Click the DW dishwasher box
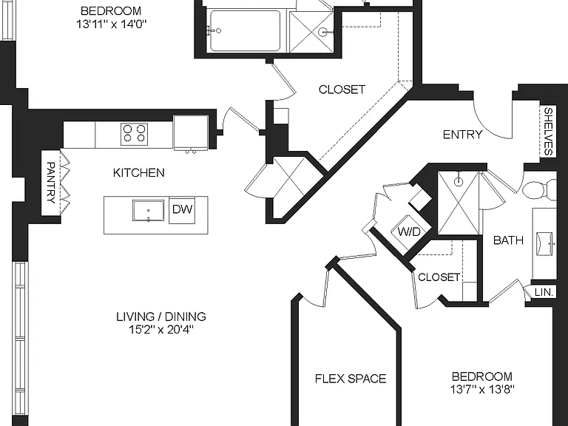tap(182, 211)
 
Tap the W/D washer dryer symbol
tap(410, 231)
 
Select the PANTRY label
tap(51, 183)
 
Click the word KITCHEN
tap(139, 172)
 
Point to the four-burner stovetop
tap(135, 134)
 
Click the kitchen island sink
tap(148, 211)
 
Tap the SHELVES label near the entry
tap(549, 132)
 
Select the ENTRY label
tap(462, 135)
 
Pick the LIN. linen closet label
tap(544, 292)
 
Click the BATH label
tap(508, 240)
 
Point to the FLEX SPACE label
tap(351, 379)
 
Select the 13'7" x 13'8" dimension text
tap(482, 390)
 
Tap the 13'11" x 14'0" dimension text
tap(111, 24)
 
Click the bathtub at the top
tap(246, 31)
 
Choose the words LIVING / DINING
tap(161, 317)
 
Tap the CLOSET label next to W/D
tap(439, 277)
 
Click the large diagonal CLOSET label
tap(342, 89)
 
